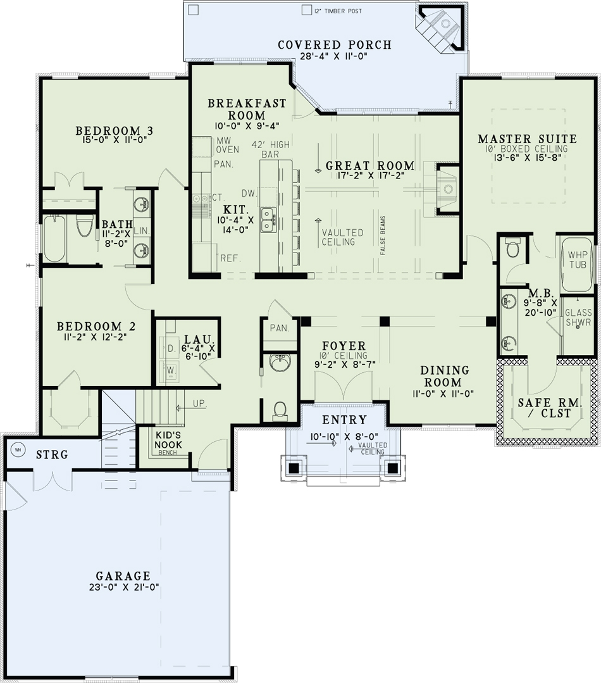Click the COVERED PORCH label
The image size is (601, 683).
click(335, 45)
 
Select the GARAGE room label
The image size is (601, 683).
click(123, 576)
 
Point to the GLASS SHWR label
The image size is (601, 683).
click(578, 318)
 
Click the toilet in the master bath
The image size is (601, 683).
click(512, 249)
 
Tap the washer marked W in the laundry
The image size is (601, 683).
click(170, 370)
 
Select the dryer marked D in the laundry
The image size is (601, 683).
click(170, 348)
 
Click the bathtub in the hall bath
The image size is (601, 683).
click(55, 237)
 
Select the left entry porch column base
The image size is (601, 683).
click(294, 468)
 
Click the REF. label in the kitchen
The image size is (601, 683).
click(228, 258)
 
